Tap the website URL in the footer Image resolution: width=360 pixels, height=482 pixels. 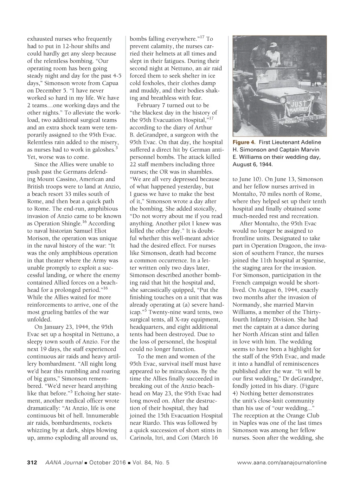[x=282, y=463]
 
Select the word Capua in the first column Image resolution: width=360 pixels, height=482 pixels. [x=110, y=83]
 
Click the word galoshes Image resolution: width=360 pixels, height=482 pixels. [x=104, y=150]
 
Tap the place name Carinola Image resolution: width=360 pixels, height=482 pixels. [x=141, y=438]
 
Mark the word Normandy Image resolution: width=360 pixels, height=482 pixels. [x=246, y=305]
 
